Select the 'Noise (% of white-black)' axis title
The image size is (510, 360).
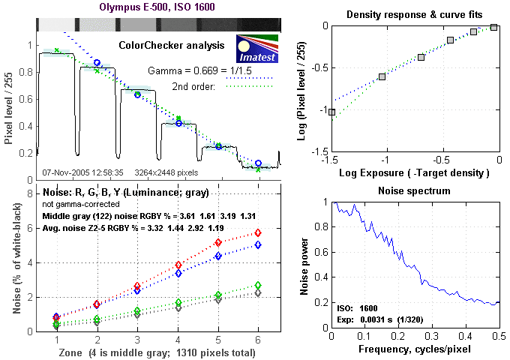(10, 258)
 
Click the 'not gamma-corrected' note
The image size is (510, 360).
(77, 204)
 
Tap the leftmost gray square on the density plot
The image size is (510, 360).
(331, 112)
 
